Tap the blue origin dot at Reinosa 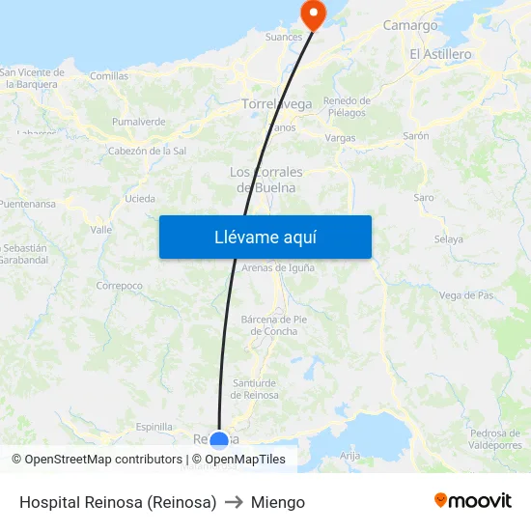tap(219, 441)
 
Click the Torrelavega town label tap(276, 103)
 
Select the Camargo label tap(410, 25)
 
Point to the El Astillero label tap(440, 54)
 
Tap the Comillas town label tap(109, 75)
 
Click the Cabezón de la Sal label tap(147, 151)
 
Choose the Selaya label tap(449, 238)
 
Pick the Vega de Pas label tap(466, 295)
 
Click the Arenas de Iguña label tap(278, 267)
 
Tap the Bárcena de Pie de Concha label tap(273, 325)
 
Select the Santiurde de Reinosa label tap(256, 389)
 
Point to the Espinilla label tap(154, 427)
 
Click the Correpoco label tap(120, 286)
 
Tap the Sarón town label tap(416, 136)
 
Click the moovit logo tap(473, 501)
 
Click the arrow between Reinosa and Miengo tap(234, 502)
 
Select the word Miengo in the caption tap(278, 502)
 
